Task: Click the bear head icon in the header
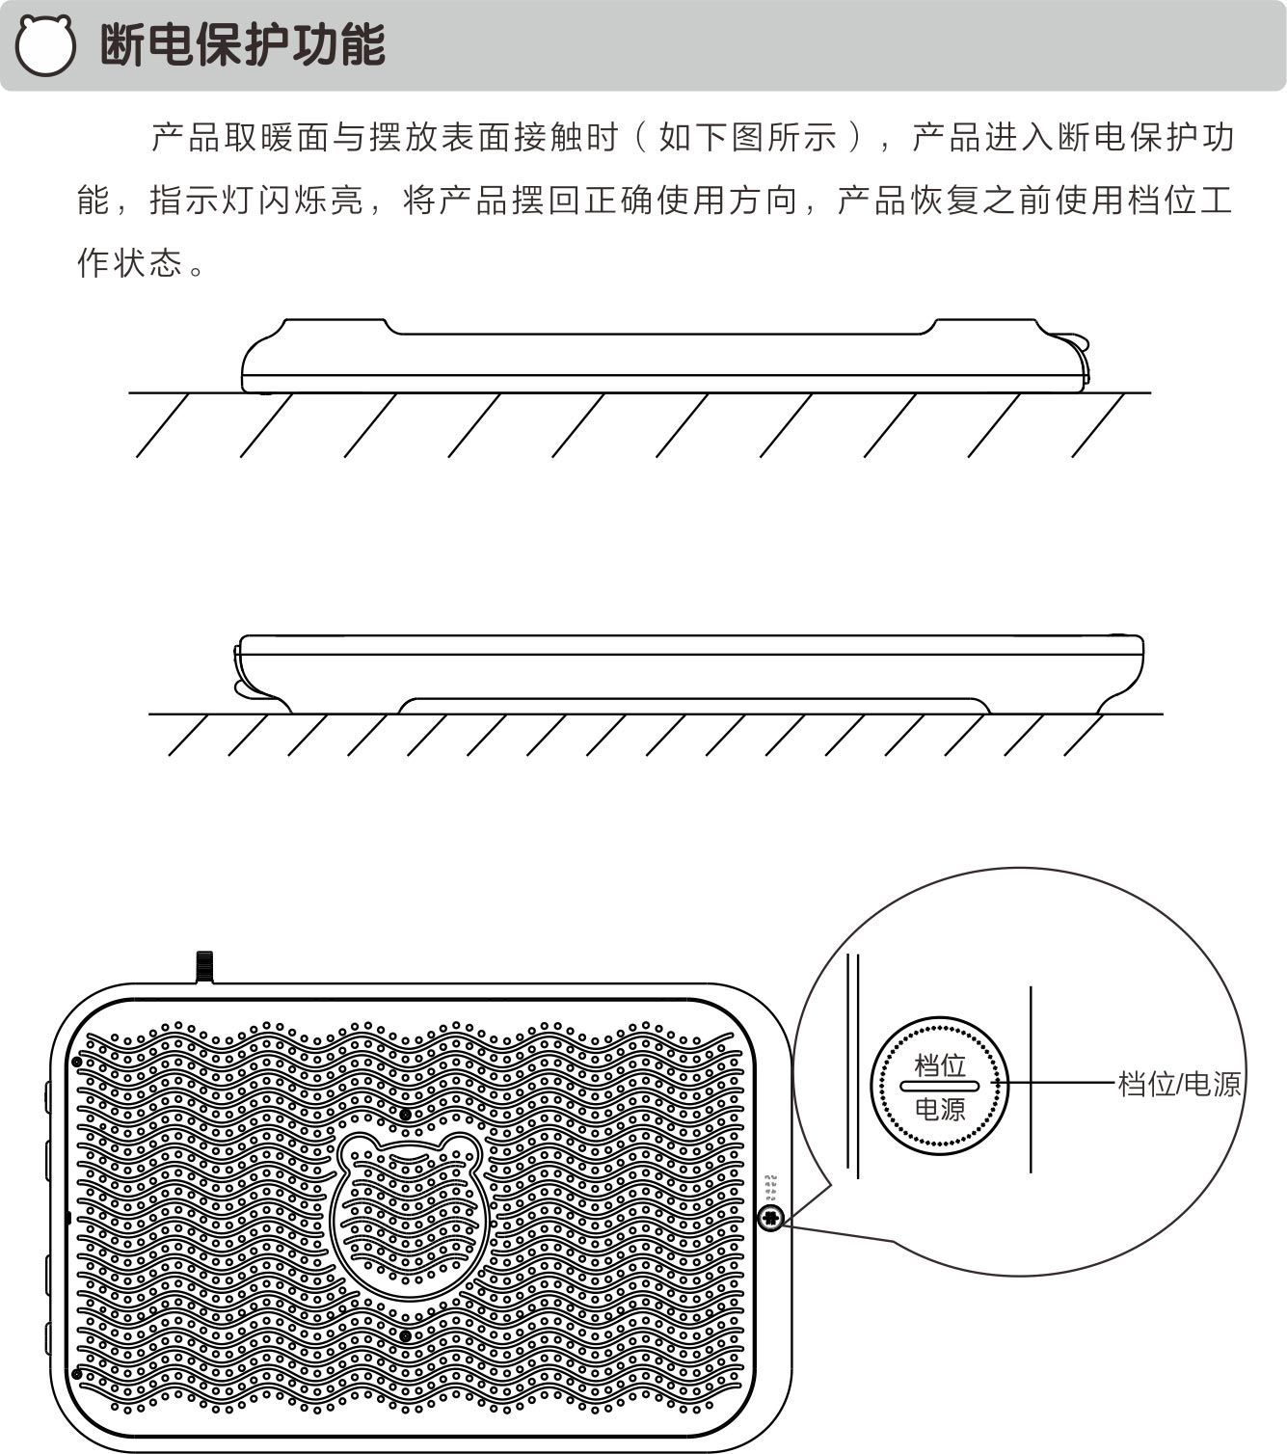[x=46, y=45]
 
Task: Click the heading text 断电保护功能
[x=243, y=44]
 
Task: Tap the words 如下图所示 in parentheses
[x=748, y=137]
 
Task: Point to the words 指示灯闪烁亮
[x=256, y=201]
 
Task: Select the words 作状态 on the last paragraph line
[x=130, y=262]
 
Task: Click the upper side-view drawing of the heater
[x=665, y=356]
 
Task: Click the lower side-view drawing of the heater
[x=688, y=674]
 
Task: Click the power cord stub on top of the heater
[x=204, y=966]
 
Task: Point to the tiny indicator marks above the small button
[x=771, y=1188]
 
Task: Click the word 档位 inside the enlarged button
[x=940, y=1065]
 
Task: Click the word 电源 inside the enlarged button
[x=940, y=1110]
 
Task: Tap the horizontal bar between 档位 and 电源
[x=940, y=1086]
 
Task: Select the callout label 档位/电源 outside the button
[x=1179, y=1084]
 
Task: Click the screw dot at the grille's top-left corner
[x=76, y=1062]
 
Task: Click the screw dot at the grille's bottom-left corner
[x=76, y=1374]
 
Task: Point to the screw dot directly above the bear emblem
[x=406, y=1115]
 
